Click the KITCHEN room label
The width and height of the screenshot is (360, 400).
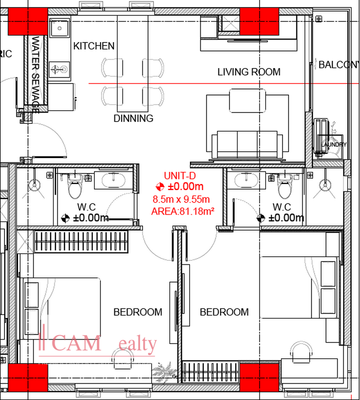pyautogui.click(x=94, y=46)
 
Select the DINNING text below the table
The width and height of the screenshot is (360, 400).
pyautogui.click(x=133, y=118)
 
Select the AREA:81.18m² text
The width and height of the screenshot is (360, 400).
pyautogui.click(x=182, y=211)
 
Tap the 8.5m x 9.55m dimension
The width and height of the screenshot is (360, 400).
pyautogui.click(x=181, y=199)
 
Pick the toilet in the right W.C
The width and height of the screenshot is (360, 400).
pyautogui.click(x=284, y=188)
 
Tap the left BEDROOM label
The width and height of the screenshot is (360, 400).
pyautogui.click(x=137, y=312)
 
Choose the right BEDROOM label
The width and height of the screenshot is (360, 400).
pyautogui.click(x=224, y=312)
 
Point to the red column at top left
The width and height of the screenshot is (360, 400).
pyautogui.click(x=28, y=21)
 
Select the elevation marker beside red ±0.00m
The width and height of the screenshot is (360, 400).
pyautogui.click(x=159, y=187)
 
